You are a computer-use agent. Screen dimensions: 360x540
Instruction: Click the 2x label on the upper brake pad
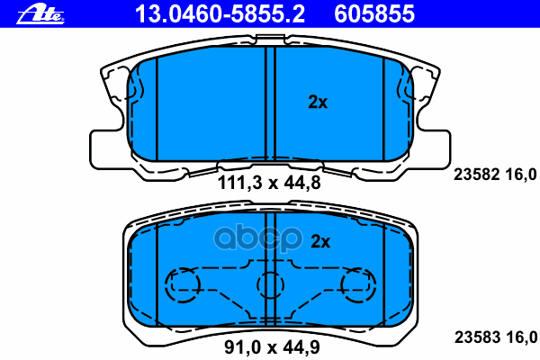coord(318,103)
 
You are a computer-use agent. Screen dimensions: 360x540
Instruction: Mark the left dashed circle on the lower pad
coord(184,286)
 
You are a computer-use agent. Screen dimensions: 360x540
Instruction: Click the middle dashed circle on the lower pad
coord(270,286)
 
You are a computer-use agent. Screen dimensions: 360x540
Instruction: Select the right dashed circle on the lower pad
coord(357,286)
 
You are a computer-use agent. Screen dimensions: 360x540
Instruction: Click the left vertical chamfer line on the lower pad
coord(157,270)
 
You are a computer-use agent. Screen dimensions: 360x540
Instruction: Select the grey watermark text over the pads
coord(270,241)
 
